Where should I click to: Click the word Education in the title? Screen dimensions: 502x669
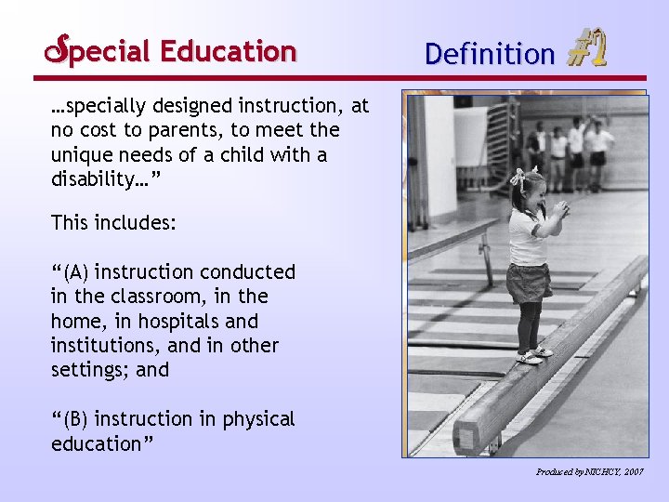(228, 50)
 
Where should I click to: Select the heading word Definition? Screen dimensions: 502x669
(489, 54)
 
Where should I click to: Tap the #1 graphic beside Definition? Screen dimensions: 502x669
(585, 49)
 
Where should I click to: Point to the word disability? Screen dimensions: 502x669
(93, 179)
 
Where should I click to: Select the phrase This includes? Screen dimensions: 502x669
(113, 222)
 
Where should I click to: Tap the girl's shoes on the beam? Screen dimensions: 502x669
(532, 354)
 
